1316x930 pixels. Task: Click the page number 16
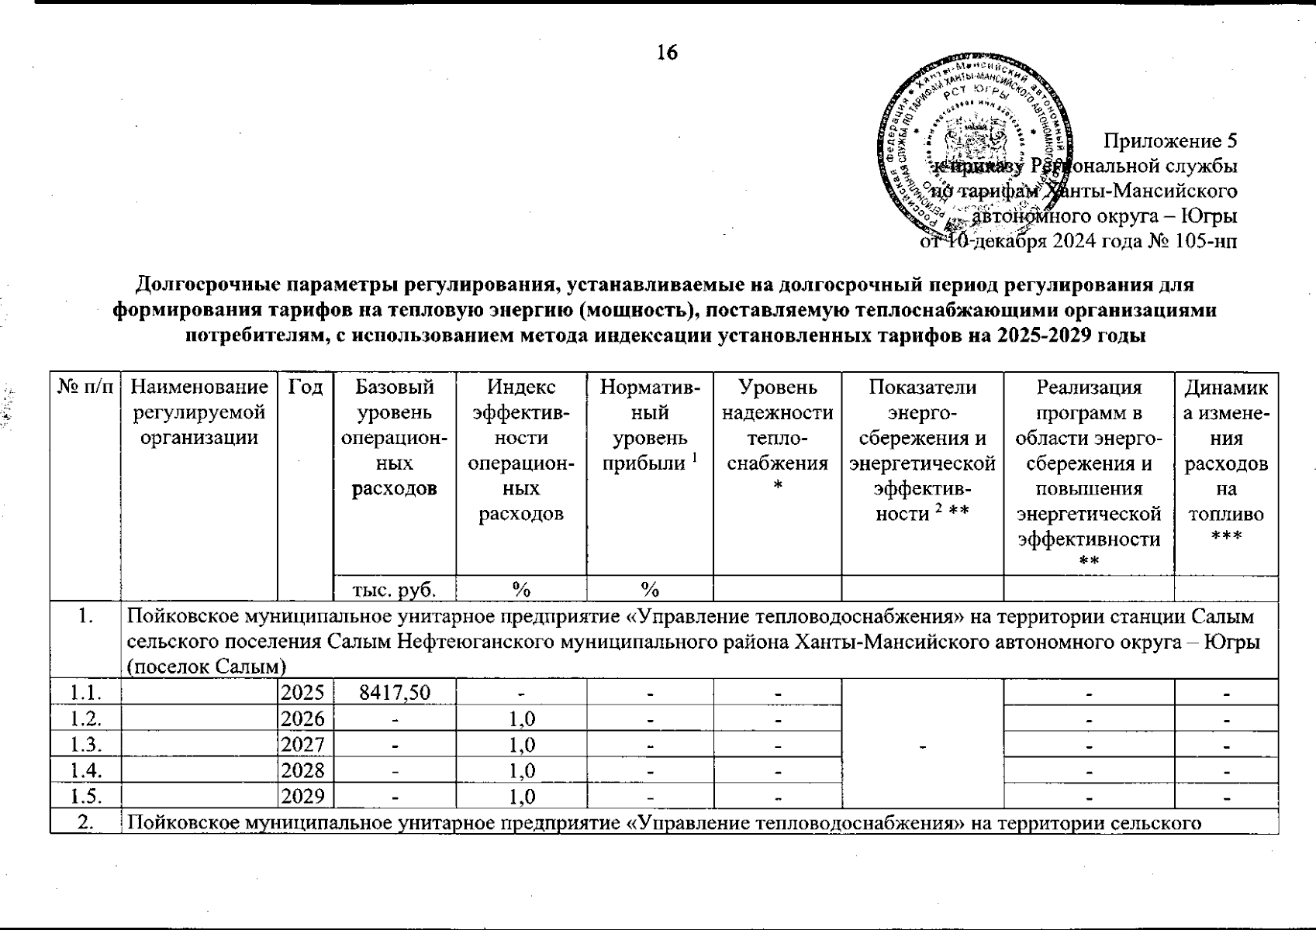[x=667, y=52]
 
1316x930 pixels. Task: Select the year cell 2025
[x=306, y=692]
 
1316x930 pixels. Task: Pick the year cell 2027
[x=306, y=745]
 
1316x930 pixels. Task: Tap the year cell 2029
[x=306, y=797]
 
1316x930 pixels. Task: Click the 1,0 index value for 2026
[x=521, y=718]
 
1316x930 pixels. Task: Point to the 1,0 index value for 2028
[x=521, y=771]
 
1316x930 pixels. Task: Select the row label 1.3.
[x=85, y=745]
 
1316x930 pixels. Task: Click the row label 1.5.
[x=85, y=797]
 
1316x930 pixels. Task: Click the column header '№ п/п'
[x=85, y=387]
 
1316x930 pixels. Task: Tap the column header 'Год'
[x=306, y=387]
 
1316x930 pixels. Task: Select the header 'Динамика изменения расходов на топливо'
[x=1226, y=463]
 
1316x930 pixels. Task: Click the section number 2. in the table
[x=85, y=823]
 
